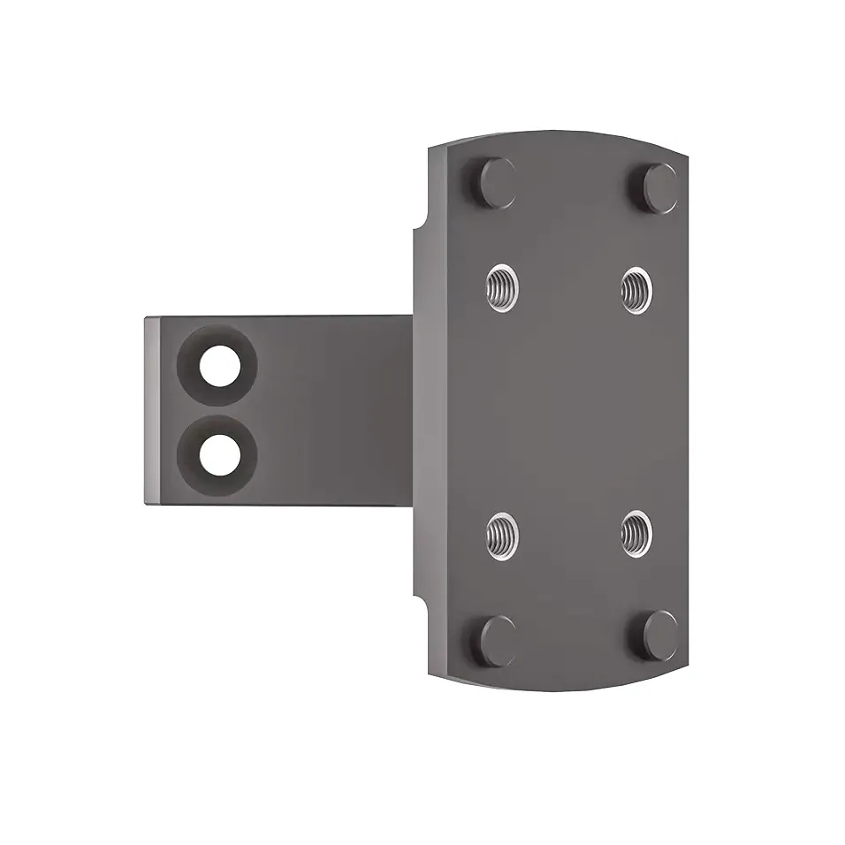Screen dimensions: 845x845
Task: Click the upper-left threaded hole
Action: pos(503,285)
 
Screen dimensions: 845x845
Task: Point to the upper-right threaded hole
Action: pos(636,286)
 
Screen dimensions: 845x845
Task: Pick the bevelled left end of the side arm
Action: pos(152,410)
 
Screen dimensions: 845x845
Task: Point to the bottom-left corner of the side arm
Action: pos(147,504)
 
